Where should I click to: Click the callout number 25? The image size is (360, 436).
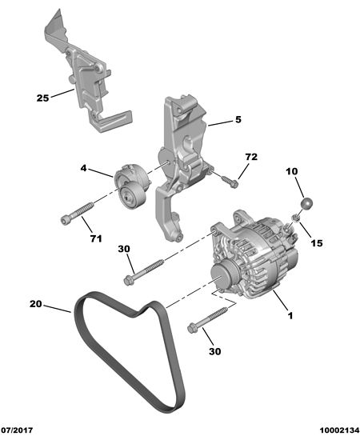tap(42, 98)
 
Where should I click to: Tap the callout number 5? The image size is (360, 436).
tap(238, 119)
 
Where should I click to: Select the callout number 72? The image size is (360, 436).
tap(251, 157)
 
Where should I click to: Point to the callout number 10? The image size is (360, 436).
tap(292, 171)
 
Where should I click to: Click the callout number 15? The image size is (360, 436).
tap(317, 243)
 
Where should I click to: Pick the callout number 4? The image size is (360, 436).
tap(84, 168)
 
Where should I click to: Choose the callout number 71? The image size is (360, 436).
tap(96, 238)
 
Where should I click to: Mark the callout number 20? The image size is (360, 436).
tap(36, 304)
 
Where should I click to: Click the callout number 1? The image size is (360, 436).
tap(290, 316)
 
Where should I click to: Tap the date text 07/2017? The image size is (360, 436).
tap(17, 430)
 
